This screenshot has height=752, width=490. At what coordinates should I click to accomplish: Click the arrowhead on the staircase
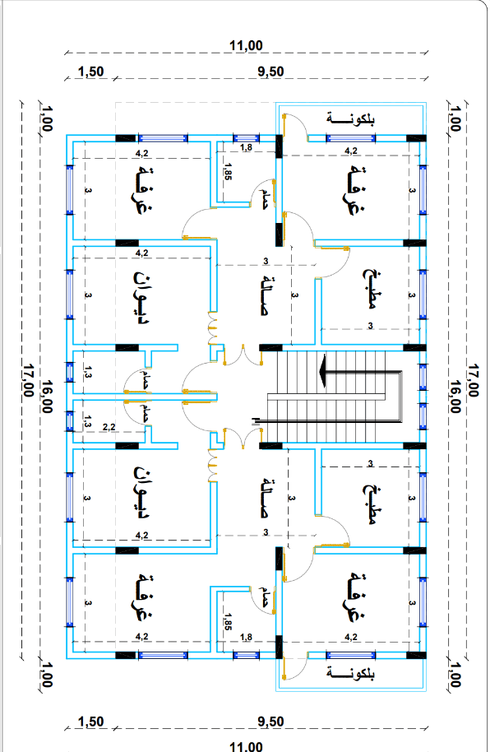(x=324, y=371)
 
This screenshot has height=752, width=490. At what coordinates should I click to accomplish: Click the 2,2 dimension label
(x=109, y=426)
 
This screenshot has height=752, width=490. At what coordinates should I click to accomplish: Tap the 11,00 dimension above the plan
(x=246, y=45)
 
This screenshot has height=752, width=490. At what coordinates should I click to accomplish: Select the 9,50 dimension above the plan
(x=270, y=72)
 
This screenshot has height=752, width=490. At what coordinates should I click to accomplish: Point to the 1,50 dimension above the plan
(x=90, y=72)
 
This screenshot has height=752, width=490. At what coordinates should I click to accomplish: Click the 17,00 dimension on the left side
(x=28, y=380)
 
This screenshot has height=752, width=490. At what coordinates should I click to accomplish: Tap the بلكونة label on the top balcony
(x=350, y=119)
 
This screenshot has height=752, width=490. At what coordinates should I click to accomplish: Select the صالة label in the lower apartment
(x=265, y=497)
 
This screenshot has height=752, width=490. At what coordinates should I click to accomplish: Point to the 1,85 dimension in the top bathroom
(x=228, y=172)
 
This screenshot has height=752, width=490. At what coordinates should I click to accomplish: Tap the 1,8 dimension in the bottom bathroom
(x=246, y=637)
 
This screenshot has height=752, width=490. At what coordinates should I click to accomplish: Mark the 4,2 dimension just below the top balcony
(x=351, y=151)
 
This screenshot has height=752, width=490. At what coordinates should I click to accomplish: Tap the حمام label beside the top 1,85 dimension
(x=263, y=197)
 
